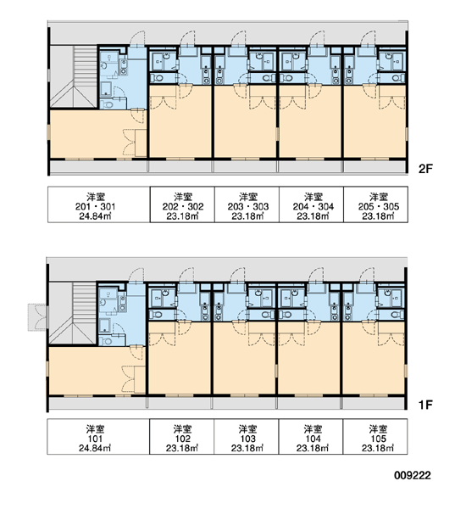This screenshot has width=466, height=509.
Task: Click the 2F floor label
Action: tap(425, 169)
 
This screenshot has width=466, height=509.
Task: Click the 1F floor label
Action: tap(425, 405)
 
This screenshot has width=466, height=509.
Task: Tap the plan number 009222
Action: tap(413, 476)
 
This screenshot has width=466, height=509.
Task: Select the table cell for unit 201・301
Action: tap(99, 204)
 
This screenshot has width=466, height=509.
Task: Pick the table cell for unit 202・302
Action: tap(182, 204)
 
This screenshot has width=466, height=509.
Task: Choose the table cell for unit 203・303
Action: tap(247, 204)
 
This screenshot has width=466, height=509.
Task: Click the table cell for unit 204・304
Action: tap(311, 204)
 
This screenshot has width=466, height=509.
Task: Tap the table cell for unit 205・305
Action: tap(376, 204)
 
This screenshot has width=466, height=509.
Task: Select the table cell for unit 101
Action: tap(98, 437)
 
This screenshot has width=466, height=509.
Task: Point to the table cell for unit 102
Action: tap(181, 437)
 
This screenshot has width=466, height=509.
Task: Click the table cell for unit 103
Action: tap(247, 437)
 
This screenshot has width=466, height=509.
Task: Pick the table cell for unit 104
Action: tap(311, 437)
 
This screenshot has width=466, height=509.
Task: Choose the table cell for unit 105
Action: tap(375, 437)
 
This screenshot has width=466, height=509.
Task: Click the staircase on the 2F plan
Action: tap(74, 76)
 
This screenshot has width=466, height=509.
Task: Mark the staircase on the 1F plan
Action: tap(73, 313)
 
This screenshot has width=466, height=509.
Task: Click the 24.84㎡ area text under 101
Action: tap(95, 448)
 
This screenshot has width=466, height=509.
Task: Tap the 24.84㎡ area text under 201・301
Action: tap(96, 216)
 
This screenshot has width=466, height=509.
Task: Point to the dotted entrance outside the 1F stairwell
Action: tap(37, 317)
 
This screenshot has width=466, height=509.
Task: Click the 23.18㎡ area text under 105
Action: tap(378, 448)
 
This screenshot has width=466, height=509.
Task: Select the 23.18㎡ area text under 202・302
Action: tap(183, 216)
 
